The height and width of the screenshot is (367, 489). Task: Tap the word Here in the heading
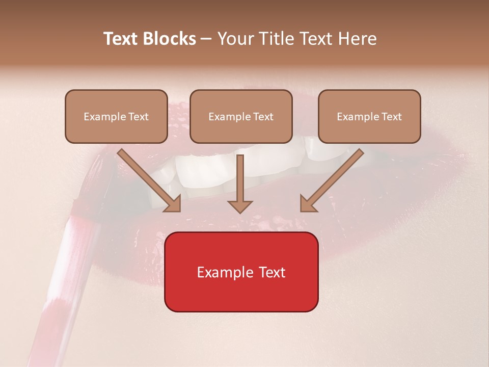click(x=357, y=39)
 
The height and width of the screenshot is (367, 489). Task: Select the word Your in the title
click(x=234, y=39)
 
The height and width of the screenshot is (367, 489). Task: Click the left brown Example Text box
click(x=116, y=116)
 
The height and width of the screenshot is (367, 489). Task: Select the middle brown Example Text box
click(x=241, y=116)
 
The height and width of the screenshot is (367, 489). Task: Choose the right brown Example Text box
click(x=369, y=116)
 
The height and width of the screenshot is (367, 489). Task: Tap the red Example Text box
click(x=241, y=272)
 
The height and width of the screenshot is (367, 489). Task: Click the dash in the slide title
click(x=206, y=39)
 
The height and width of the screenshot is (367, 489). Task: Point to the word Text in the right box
click(x=391, y=117)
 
